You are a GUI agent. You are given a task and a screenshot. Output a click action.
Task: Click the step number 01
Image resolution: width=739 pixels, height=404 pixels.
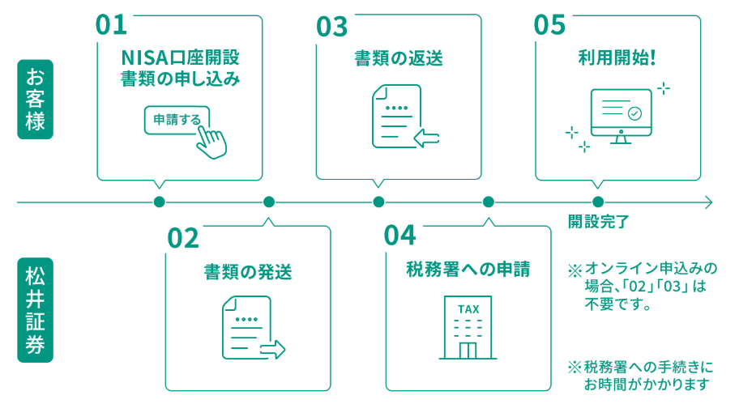[112, 24]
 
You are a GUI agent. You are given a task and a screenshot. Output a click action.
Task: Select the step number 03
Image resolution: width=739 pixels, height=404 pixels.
[331, 26]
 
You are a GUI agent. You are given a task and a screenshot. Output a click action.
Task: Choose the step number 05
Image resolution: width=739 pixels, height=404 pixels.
[549, 24]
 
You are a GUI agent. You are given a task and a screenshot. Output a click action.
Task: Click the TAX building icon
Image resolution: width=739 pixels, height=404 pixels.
[468, 327]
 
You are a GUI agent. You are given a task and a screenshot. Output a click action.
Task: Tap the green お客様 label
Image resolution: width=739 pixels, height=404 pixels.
[35, 100]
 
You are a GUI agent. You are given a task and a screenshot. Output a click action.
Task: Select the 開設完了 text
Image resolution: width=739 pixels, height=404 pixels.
[598, 220]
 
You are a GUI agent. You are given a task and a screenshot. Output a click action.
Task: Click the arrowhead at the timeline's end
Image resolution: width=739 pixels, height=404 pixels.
[709, 202]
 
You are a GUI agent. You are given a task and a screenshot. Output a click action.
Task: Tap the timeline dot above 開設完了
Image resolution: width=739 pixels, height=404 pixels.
[598, 202]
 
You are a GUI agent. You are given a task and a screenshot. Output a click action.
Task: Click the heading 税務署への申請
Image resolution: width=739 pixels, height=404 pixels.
[468, 269]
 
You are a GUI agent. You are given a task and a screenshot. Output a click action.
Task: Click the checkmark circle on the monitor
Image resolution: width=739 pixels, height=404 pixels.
[634, 114]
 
